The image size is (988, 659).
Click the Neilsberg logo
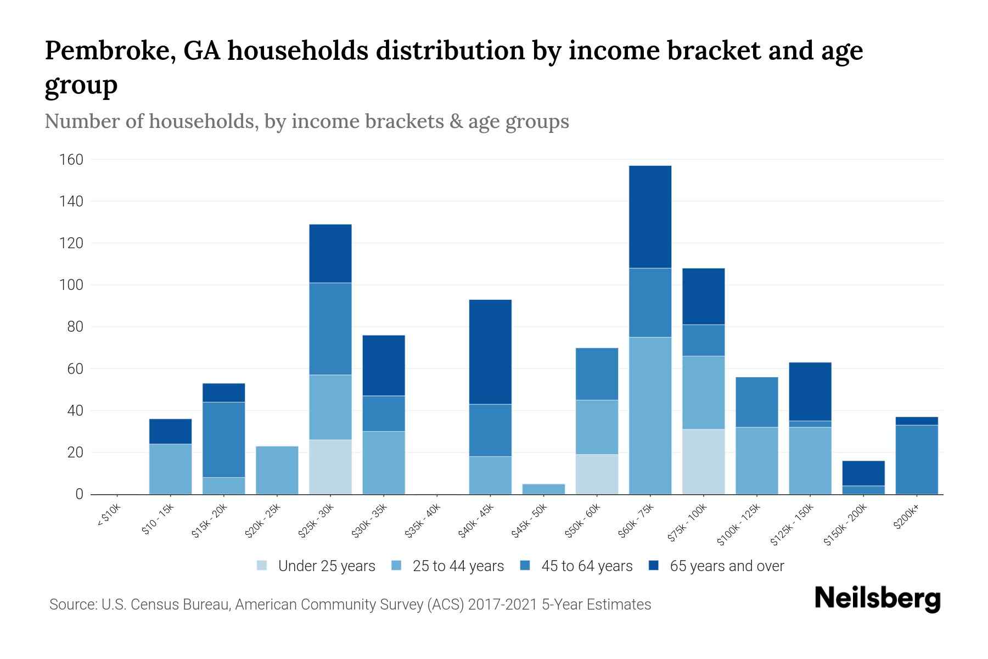(x=877, y=599)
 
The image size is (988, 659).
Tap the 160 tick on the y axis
(x=71, y=160)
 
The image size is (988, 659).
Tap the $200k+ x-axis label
(x=906, y=518)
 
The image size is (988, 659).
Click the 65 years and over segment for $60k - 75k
(x=650, y=217)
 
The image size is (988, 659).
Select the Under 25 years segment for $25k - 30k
(x=330, y=467)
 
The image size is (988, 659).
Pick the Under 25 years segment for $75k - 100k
(x=703, y=461)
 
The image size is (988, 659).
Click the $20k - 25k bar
(x=277, y=470)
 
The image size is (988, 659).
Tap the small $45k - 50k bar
(x=544, y=489)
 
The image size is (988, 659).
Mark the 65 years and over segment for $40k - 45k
(x=490, y=352)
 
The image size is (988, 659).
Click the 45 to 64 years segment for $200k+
(x=917, y=459)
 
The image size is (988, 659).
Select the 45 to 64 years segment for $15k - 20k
(x=224, y=439)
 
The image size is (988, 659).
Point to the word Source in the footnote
(x=71, y=605)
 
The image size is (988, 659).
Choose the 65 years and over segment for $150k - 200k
(x=863, y=473)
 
